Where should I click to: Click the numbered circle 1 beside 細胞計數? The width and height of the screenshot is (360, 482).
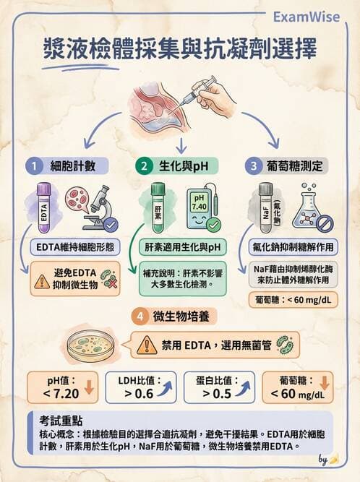[33, 166]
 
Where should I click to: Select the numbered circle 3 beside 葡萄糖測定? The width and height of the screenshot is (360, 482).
[254, 166]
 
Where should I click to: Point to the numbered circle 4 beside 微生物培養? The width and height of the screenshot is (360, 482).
[138, 316]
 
